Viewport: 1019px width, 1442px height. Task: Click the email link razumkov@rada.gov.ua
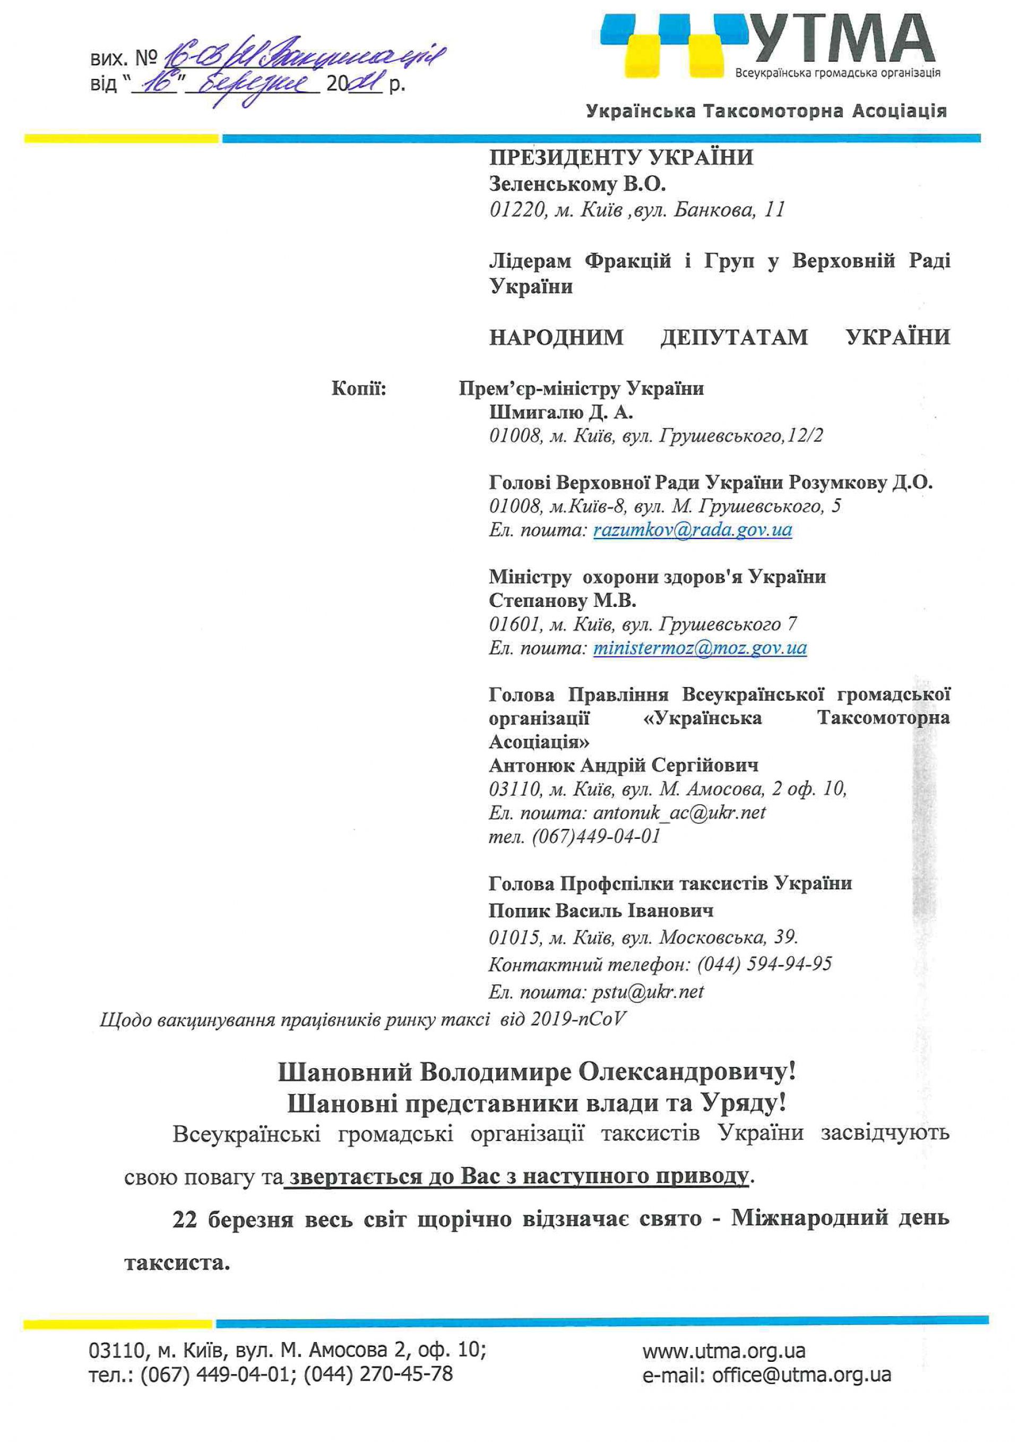[x=693, y=530]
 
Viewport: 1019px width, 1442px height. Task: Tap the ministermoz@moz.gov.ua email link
[x=700, y=648]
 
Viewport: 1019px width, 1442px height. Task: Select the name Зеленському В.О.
[x=577, y=184]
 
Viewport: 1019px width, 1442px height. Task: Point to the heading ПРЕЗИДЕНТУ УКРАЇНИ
[x=621, y=157]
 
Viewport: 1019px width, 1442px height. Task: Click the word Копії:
[x=358, y=389]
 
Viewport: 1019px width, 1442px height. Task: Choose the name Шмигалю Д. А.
[x=560, y=413]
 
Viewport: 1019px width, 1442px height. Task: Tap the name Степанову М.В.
[x=563, y=601]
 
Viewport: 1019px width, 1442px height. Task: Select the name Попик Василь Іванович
[x=601, y=910]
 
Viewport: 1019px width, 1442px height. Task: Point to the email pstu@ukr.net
[x=648, y=992]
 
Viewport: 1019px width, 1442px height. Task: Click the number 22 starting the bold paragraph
[x=186, y=1219]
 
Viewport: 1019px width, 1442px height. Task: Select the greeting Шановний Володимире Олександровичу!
[x=537, y=1072]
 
